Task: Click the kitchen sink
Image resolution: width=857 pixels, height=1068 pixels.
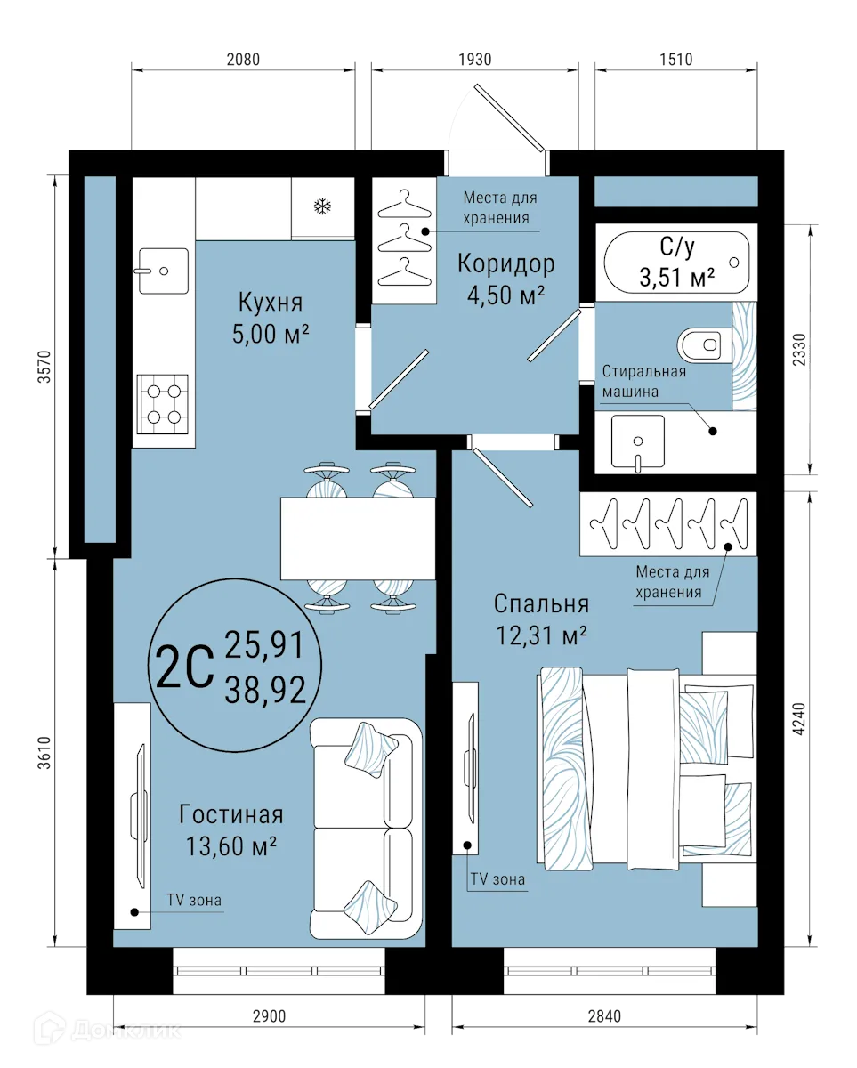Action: pos(162,271)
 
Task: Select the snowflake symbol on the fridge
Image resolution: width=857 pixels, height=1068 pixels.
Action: pos(321,207)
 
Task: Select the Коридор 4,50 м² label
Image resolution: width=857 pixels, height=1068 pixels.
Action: pos(505,278)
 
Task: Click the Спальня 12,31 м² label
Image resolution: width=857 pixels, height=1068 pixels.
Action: pos(541,619)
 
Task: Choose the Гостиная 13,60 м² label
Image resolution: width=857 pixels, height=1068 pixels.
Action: pos(230,829)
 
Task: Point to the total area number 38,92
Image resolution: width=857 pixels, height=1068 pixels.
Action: pos(265,688)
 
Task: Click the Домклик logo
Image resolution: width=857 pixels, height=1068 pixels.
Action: pos(109,1030)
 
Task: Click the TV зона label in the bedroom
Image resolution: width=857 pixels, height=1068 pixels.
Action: pos(497,880)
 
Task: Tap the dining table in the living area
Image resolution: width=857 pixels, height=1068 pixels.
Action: pos(358,538)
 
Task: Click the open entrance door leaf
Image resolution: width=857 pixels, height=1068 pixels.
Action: pos(507,116)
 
